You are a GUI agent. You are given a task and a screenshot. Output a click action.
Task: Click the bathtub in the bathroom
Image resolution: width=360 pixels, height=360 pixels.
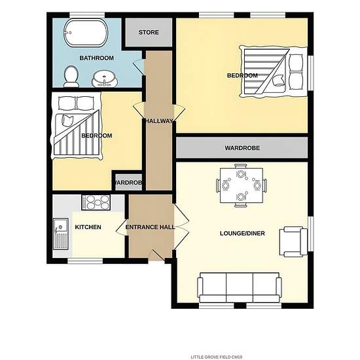coord(85,33)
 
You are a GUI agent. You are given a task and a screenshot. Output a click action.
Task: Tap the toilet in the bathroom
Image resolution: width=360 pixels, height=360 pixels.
coord(71,77)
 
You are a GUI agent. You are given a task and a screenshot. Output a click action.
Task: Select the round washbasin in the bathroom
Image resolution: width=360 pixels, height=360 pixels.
coord(105,79)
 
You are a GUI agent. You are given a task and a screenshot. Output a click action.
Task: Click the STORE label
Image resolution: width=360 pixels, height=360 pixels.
coord(149,32)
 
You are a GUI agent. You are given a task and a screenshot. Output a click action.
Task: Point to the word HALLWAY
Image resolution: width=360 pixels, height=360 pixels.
coord(159,121)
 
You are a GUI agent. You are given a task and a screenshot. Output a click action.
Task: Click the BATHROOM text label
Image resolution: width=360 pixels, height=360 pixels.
coord(97,58)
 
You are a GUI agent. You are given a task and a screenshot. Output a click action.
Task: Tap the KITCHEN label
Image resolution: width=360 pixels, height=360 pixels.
coord(88,227)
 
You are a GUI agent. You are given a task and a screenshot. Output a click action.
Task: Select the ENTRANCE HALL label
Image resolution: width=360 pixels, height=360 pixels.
coord(150,227)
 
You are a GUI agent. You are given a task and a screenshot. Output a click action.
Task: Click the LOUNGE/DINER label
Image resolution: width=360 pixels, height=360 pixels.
coord(242,233)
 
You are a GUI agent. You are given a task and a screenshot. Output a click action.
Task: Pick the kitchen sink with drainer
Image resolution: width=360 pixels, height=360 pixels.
coord(61,234)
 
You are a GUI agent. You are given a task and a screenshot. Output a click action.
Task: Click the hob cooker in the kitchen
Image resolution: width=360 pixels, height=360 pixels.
coord(96,202)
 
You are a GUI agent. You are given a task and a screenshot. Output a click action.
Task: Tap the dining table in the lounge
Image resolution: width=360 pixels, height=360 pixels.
coord(242,185)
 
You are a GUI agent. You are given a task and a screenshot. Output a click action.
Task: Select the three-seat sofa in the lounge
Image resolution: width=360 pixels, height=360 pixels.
coord(240,287)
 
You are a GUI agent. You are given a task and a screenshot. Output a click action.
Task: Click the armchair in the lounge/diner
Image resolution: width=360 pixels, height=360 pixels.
coord(293,242)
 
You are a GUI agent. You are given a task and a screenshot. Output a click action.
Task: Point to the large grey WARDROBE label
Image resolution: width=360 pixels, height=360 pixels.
coord(242,148)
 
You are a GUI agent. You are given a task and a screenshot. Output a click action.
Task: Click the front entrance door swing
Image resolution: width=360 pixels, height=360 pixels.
coord(157,255)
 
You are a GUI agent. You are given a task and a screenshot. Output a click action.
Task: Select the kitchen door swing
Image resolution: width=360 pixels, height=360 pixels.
coord(122,227)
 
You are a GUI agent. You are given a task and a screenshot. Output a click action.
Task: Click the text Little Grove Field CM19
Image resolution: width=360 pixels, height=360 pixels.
coord(216,357)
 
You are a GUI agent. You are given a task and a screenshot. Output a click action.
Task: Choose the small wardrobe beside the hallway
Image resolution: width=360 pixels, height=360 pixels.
coord(128,183)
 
